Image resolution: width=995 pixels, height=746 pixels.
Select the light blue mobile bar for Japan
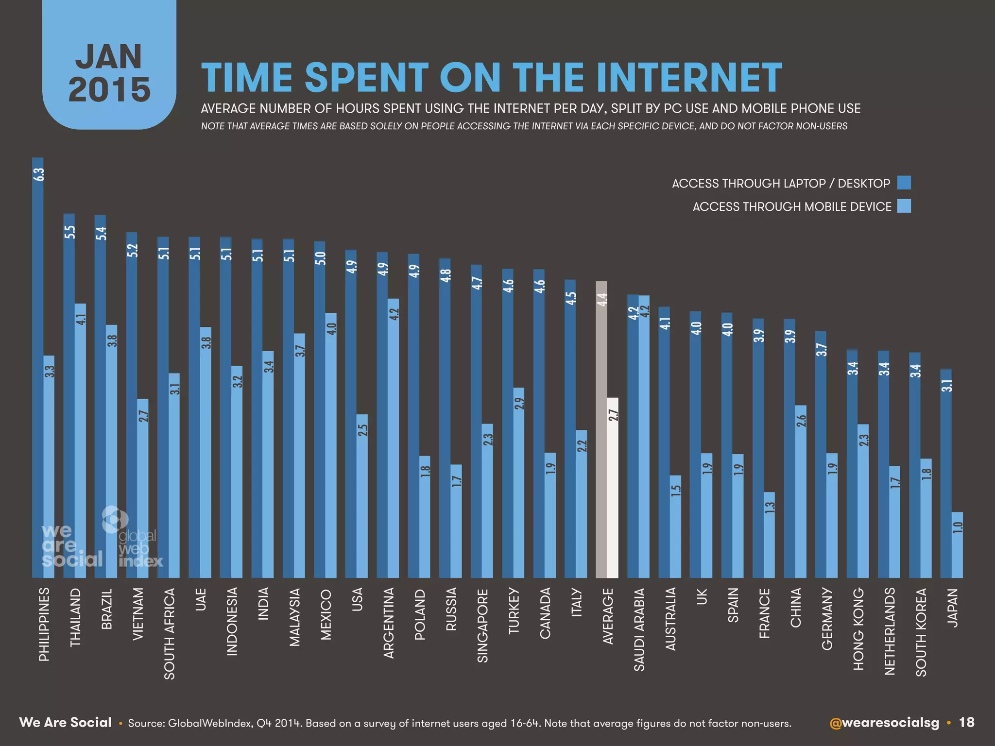click(957, 545)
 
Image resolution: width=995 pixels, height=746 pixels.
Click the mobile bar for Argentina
click(393, 437)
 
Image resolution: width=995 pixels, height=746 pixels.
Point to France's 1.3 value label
click(770, 508)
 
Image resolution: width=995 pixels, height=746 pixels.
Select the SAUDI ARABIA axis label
click(639, 629)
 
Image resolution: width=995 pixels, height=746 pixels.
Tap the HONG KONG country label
click(858, 628)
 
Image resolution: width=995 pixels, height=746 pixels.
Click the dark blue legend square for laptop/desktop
click(904, 183)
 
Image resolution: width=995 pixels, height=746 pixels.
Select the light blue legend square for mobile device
click(904, 206)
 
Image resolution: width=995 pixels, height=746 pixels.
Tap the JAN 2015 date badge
click(109, 73)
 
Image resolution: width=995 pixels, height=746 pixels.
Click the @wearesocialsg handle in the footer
click(884, 723)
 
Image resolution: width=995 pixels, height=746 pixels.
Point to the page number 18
click(966, 723)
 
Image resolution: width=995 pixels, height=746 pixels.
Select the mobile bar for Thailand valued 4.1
click(80, 440)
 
